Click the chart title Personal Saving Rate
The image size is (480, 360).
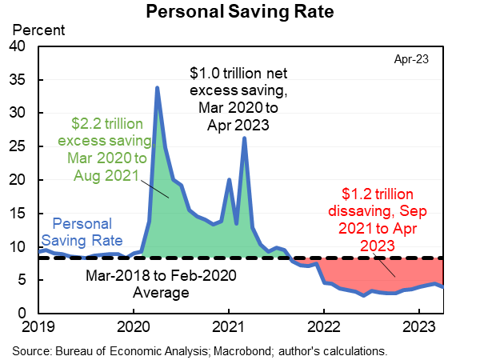240,13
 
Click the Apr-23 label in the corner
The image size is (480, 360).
412,60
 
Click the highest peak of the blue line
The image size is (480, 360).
157,87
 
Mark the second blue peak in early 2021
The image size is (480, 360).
244,138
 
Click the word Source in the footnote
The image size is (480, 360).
28,350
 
